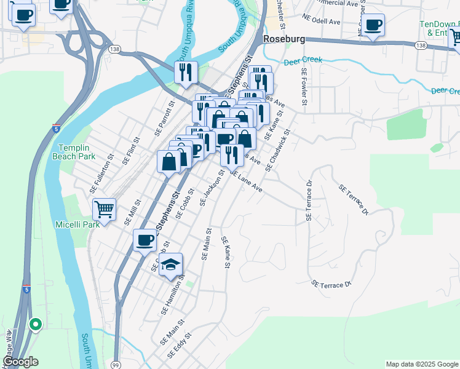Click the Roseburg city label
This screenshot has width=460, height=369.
click(285, 38)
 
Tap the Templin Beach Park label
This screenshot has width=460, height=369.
click(77, 152)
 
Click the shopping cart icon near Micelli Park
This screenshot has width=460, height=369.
click(104, 209)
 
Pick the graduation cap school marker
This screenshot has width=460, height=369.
click(172, 265)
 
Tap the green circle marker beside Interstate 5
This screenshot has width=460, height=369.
click(36, 324)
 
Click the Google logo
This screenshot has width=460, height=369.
click(20, 362)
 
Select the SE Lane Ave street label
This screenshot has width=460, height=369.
click(247, 181)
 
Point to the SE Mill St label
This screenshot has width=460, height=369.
click(133, 210)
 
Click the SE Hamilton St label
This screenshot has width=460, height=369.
click(173, 295)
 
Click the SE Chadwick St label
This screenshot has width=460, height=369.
click(277, 150)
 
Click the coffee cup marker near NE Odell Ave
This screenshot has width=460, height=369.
click(373, 25)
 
